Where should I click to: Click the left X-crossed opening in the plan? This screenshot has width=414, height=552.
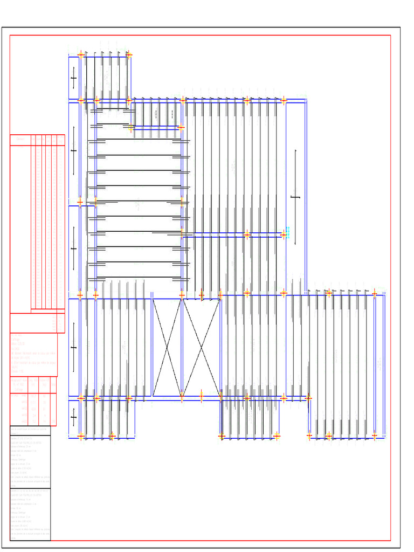(x=167, y=348)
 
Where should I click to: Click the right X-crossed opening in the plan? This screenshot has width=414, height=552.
(x=201, y=348)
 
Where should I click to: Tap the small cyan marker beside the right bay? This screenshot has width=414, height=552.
(x=287, y=232)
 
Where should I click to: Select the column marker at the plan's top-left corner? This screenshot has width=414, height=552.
(x=81, y=54)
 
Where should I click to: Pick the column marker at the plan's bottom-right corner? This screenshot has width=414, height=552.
(x=375, y=436)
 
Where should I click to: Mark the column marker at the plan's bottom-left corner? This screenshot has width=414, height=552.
(x=81, y=436)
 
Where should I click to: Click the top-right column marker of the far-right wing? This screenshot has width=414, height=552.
(x=375, y=293)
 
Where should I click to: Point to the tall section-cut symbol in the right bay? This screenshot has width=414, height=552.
(x=295, y=197)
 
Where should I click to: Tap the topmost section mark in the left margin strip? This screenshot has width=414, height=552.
(x=74, y=79)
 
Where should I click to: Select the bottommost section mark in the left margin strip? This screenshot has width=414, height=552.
(x=74, y=417)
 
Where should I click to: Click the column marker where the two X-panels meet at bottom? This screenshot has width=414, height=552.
(x=182, y=398)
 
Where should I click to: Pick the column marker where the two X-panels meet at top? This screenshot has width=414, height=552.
(x=182, y=295)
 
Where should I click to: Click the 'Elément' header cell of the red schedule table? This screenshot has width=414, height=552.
(x=20, y=140)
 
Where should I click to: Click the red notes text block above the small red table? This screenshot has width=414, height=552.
(x=33, y=354)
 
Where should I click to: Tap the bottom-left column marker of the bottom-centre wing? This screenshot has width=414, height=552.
(x=222, y=436)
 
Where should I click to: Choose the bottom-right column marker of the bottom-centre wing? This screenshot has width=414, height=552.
(x=277, y=436)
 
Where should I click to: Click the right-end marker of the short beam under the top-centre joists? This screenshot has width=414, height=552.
(x=181, y=128)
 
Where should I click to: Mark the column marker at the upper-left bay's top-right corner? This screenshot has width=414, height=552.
(x=128, y=54)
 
